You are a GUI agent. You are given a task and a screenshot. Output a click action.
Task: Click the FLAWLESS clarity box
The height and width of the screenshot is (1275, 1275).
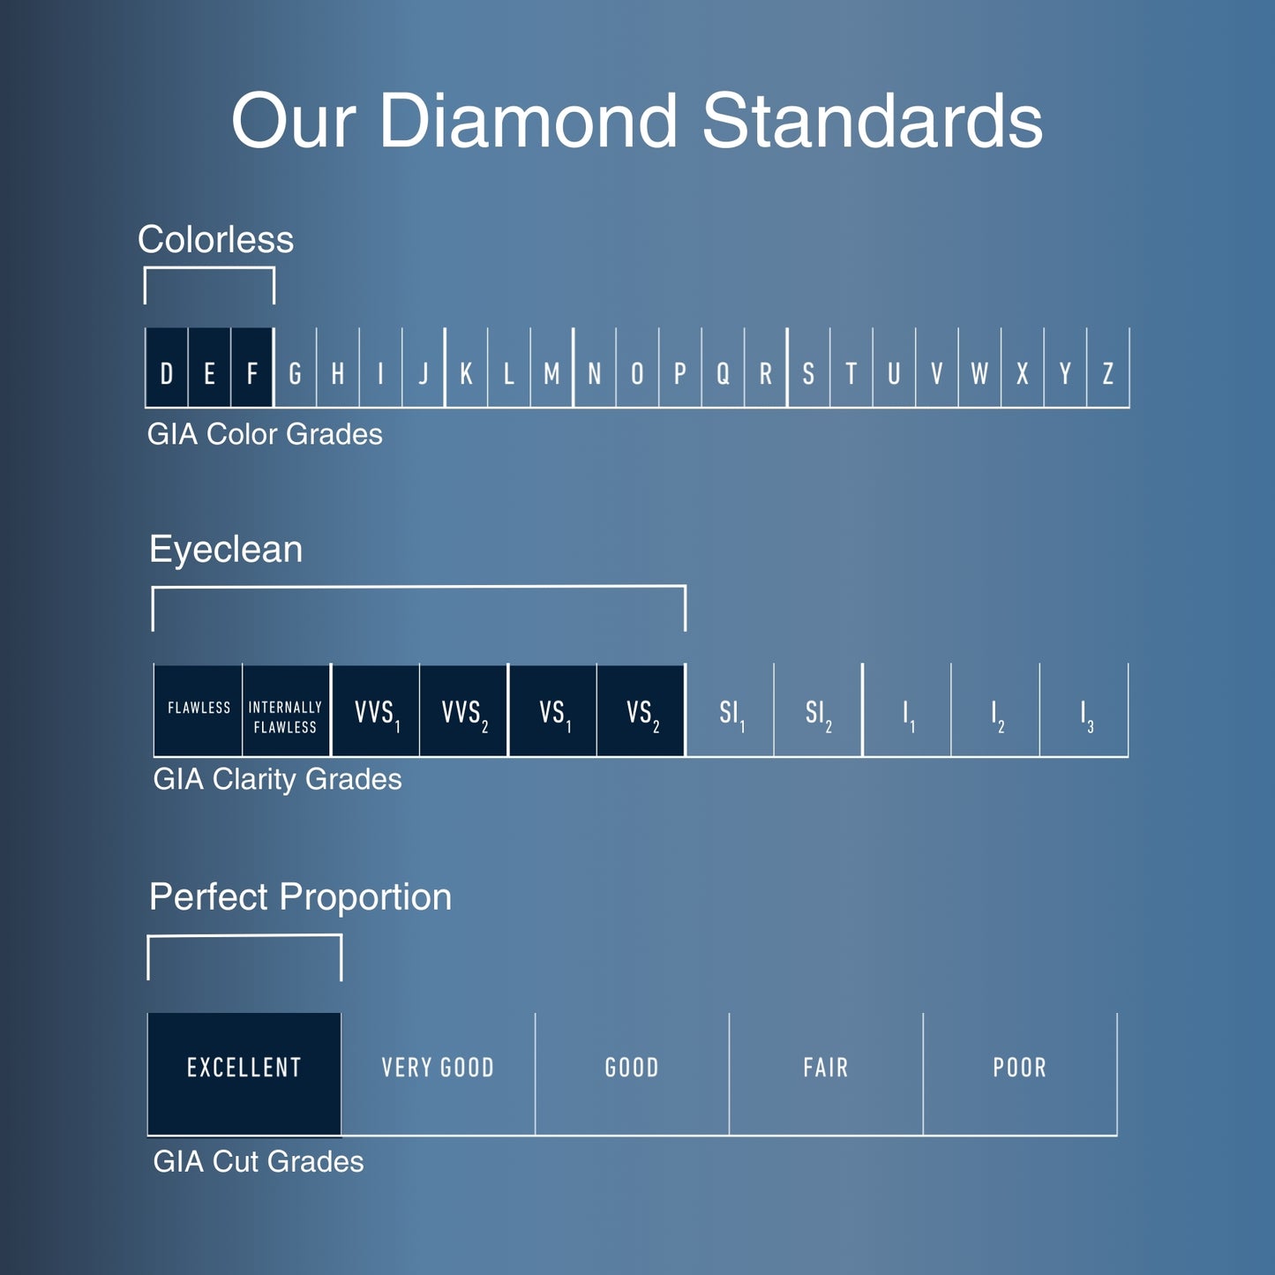(x=199, y=710)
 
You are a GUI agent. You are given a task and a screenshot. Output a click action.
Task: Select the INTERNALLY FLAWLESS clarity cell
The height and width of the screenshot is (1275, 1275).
(x=286, y=710)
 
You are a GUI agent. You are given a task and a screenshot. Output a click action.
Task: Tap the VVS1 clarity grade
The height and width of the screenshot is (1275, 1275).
(x=376, y=710)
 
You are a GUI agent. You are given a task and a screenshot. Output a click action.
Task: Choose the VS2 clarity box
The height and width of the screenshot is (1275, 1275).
(x=641, y=710)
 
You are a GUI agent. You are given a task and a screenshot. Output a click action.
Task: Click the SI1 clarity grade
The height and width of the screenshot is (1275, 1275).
(x=731, y=710)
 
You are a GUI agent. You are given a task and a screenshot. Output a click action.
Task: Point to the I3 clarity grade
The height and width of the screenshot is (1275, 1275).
(x=1085, y=710)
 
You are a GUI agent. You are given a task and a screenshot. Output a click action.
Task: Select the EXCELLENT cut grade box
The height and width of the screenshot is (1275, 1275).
(x=244, y=1073)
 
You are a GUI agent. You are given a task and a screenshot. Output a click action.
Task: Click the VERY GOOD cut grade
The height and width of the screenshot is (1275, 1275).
(x=438, y=1073)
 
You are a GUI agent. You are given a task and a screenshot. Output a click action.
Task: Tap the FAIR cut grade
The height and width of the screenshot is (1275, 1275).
(x=826, y=1073)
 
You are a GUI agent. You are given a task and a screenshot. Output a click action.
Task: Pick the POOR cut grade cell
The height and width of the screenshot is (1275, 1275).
(x=1020, y=1073)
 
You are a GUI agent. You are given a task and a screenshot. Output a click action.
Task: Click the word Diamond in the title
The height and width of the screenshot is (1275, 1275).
(x=529, y=121)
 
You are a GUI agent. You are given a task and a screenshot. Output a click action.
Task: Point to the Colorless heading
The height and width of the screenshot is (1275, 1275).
(x=216, y=239)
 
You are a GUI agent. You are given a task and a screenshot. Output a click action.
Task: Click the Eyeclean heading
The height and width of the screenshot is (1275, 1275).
(x=226, y=549)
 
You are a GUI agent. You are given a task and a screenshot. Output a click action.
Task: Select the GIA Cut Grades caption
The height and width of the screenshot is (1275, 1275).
(x=259, y=1161)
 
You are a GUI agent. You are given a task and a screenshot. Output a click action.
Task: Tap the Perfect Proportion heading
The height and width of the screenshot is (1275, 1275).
(x=300, y=896)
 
